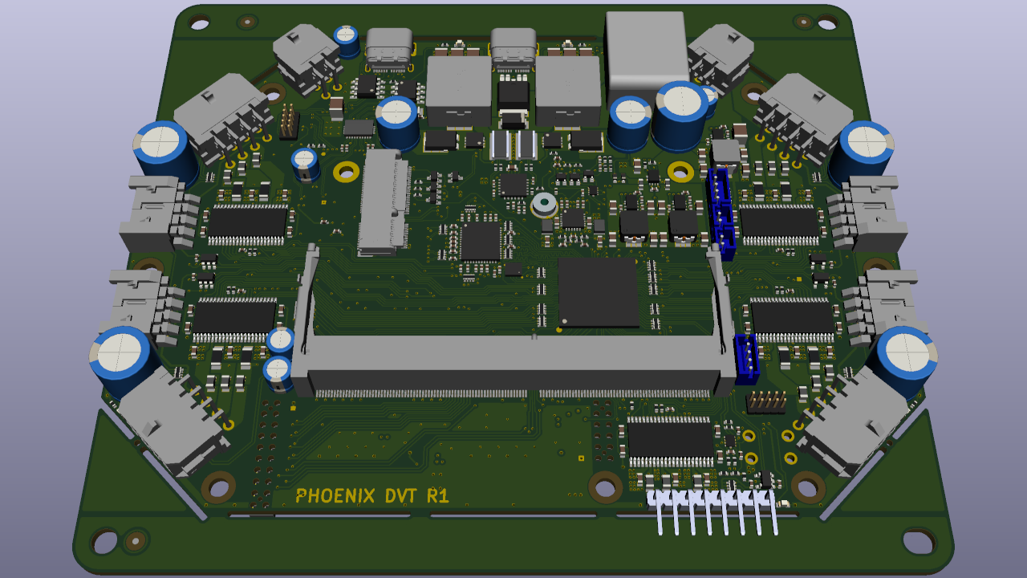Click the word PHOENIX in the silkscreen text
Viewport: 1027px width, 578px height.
pos(335,496)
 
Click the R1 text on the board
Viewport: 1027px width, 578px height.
pos(438,496)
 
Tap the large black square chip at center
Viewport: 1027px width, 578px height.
pos(599,292)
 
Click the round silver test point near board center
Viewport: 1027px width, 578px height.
pos(544,204)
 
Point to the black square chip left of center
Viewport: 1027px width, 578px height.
pos(481,242)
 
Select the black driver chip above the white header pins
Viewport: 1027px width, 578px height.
pos(671,440)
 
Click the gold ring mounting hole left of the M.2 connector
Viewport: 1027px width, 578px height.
pos(347,171)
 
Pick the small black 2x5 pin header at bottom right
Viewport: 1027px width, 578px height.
pos(765,401)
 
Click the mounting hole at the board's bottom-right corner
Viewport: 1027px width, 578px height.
pos(919,541)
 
